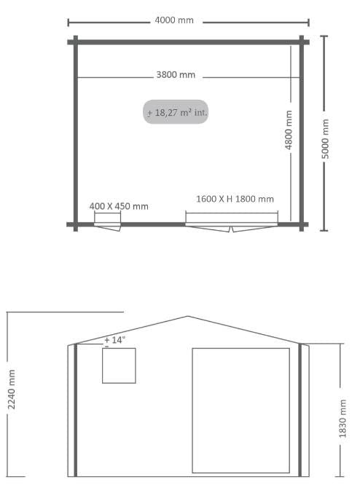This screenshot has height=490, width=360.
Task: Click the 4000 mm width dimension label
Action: tap(174, 20)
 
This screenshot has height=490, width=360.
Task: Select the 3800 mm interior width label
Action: tap(176, 75)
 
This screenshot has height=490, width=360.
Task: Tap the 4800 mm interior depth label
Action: tap(289, 130)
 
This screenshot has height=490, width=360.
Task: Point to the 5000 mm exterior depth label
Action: tap(325, 138)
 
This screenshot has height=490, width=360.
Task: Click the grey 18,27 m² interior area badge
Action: tap(176, 112)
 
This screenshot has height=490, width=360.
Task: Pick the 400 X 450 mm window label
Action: tap(119, 206)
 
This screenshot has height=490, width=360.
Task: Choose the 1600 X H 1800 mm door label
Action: tap(235, 199)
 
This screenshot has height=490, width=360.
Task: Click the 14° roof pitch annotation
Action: tap(114, 341)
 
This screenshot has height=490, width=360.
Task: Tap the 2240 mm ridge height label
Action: tap(11, 389)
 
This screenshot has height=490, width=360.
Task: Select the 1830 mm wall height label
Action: tap(343, 419)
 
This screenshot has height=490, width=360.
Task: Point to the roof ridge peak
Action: tap(188, 316)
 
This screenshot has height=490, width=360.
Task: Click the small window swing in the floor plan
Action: tap(107, 227)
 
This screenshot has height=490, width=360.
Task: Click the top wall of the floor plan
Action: tap(188, 42)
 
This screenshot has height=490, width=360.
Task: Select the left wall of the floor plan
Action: tap(76, 133)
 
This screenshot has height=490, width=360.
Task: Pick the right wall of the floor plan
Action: tap(302, 133)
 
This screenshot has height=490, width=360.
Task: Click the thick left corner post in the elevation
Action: tap(75, 410)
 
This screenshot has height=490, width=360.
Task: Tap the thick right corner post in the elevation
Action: tap(300, 410)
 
